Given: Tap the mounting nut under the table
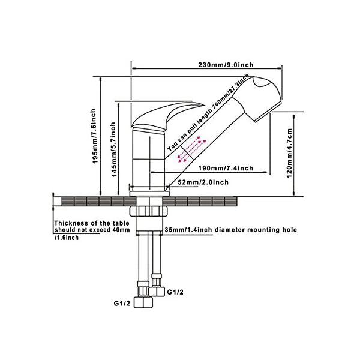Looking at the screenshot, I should point(146,212).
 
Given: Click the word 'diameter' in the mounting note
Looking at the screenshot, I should point(227,229).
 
